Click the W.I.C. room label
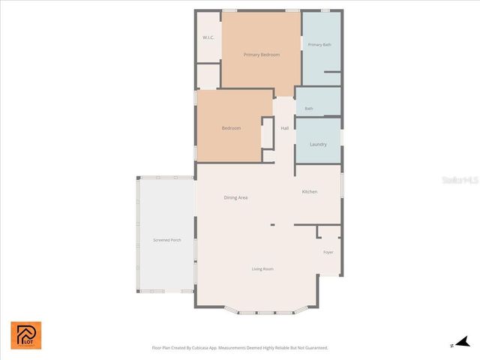click(208, 37)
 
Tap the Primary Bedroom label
click(261, 55)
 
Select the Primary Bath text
click(319, 45)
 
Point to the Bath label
click(309, 109)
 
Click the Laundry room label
click(318, 144)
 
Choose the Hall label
click(284, 128)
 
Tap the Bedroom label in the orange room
click(231, 128)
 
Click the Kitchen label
click(310, 192)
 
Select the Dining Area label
click(235, 197)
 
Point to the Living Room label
click(262, 268)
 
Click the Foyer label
click(328, 252)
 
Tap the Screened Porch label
click(166, 240)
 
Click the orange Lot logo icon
click(26, 335)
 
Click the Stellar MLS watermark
click(459, 181)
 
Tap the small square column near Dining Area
click(272, 223)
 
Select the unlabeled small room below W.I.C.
click(208, 76)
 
